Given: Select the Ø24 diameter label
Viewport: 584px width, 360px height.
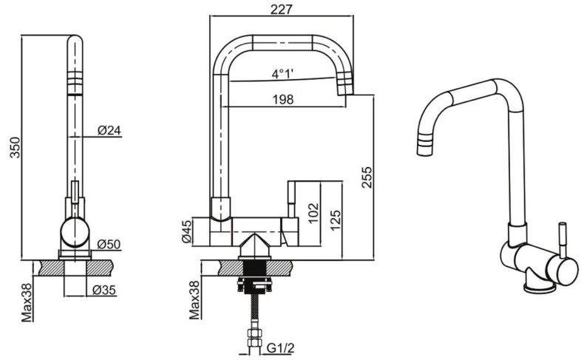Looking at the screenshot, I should tap(109, 131).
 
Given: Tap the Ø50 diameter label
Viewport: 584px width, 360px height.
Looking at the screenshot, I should tap(109, 244).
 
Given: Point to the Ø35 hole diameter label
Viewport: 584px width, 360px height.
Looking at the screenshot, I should tap(104, 291).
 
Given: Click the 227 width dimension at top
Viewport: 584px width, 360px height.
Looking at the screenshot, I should tap(282, 10).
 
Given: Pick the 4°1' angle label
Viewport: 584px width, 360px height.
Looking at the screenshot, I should tap(282, 74).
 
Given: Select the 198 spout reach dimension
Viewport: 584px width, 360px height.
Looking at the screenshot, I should tap(282, 99).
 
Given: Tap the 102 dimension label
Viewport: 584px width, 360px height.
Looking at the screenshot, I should tap(313, 214).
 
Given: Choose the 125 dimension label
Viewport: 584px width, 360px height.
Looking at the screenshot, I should tap(335, 219).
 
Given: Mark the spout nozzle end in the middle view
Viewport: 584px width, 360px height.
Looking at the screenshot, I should tap(344, 89).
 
